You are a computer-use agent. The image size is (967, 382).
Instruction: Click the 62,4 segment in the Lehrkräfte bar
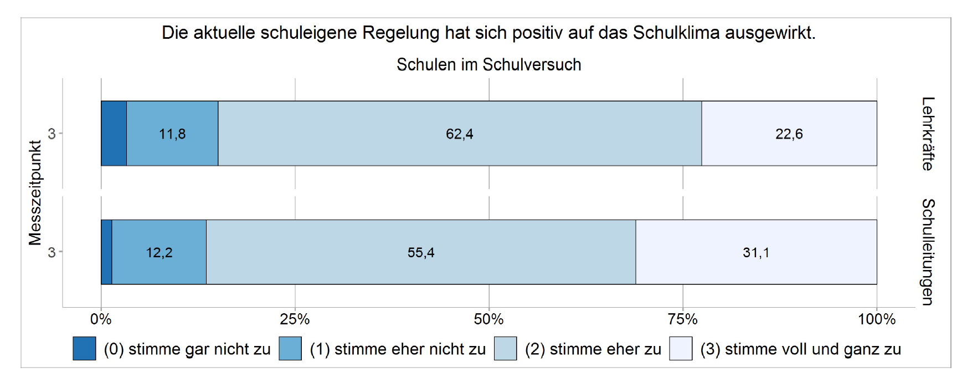tap(460, 134)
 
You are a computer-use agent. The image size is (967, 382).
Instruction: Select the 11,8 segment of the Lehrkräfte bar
tap(172, 134)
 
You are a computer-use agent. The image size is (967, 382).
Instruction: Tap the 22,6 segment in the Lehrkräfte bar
tap(789, 134)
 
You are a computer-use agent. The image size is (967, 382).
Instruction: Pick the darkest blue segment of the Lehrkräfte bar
tap(114, 134)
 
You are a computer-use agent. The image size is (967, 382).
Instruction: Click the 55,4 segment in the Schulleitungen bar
tap(421, 252)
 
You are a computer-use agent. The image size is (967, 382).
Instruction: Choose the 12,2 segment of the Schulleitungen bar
tap(159, 252)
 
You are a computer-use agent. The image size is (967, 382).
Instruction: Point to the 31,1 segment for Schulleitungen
tap(756, 252)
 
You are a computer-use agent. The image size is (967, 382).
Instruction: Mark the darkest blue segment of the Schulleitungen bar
tap(106, 252)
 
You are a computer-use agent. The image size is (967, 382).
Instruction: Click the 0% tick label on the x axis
tap(101, 319)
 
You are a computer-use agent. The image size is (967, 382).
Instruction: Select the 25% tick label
tap(295, 319)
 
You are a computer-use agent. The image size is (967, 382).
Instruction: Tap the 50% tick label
tap(488, 319)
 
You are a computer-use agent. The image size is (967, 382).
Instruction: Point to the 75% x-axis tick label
tap(682, 319)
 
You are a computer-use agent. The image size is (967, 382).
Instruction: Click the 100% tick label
tap(876, 319)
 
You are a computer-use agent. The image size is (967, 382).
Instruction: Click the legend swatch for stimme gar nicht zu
tap(84, 349)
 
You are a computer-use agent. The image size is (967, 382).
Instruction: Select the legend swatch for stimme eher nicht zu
tap(290, 349)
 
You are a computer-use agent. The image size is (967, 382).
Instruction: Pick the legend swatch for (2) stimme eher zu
tap(505, 349)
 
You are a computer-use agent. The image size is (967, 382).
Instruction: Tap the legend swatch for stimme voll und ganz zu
tap(681, 349)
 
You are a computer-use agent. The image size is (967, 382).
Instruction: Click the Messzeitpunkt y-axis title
tap(35, 193)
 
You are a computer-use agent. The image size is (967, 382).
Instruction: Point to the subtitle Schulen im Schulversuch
tap(488, 65)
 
